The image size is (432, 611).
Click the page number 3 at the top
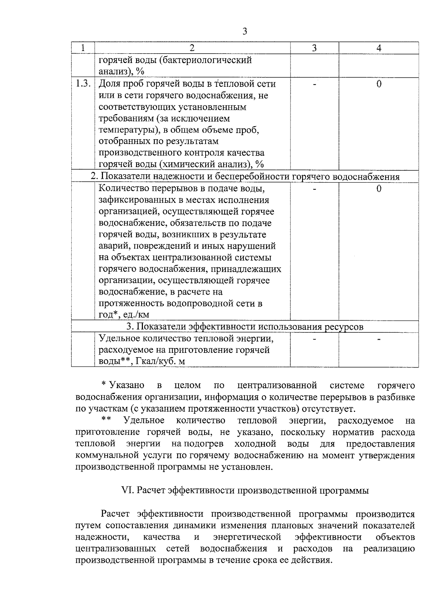245,32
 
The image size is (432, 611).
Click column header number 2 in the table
192,48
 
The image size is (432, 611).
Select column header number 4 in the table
379,48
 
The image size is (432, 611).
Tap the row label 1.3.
82,84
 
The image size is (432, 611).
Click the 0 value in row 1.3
379,84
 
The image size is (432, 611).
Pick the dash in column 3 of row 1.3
314,84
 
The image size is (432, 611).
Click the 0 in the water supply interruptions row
379,189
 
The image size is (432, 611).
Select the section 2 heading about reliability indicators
245,176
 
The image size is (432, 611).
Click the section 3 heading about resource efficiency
245,327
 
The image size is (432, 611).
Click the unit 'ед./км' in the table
136,315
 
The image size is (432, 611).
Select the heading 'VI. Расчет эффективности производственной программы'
245,490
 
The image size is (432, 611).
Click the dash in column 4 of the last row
379,339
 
